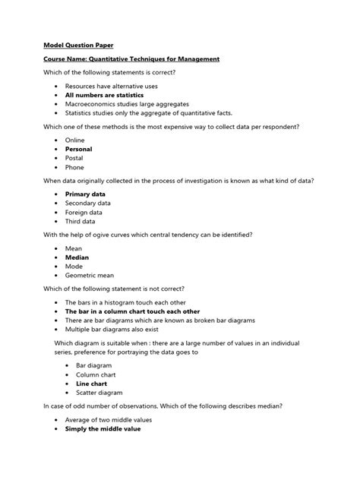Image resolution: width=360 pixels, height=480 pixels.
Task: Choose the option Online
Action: pos(75,141)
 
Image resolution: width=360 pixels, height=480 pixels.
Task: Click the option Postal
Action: pos(74,158)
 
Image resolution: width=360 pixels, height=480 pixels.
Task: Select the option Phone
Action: pos(74,167)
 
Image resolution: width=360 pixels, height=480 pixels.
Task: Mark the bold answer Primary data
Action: pos(85,194)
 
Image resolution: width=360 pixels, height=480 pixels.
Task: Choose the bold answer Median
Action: pos(77,257)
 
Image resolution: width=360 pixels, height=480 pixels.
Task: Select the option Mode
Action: pos(74,267)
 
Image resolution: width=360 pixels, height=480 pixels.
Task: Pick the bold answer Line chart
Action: pos(91,384)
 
